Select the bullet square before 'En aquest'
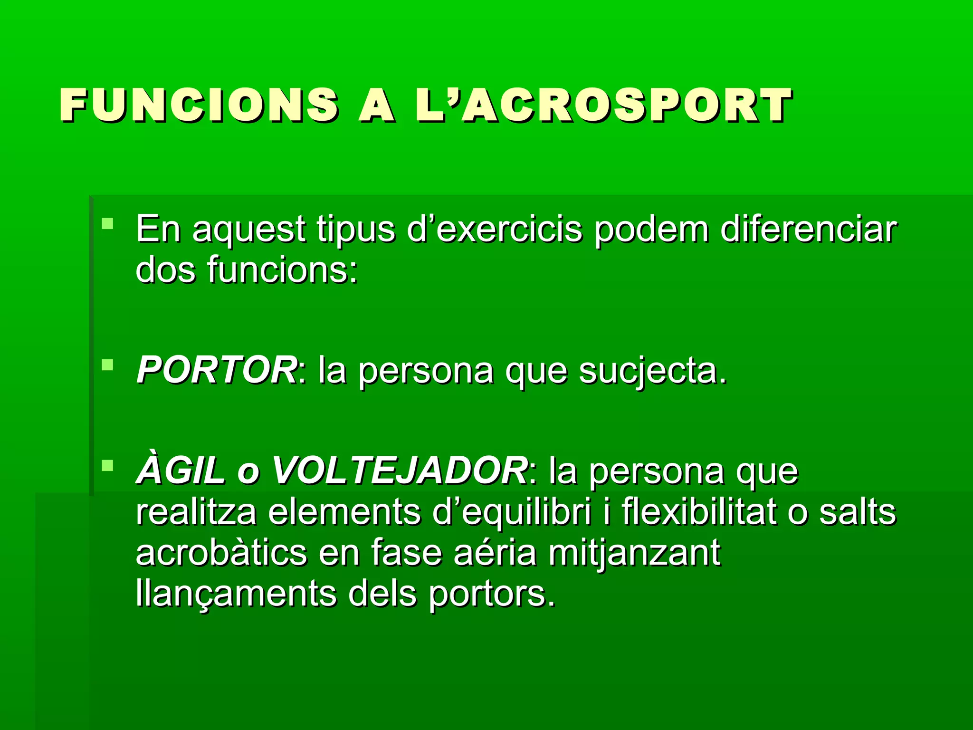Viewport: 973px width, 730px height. point(108,223)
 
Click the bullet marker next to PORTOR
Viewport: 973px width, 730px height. point(108,365)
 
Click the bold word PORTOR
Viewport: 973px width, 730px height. point(217,370)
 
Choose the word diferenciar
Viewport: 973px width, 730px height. point(808,229)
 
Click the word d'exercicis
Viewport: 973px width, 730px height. point(495,229)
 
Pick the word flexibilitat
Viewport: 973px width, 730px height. point(699,512)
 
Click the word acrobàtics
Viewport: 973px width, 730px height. point(221,553)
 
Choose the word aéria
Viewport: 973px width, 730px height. point(495,553)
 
